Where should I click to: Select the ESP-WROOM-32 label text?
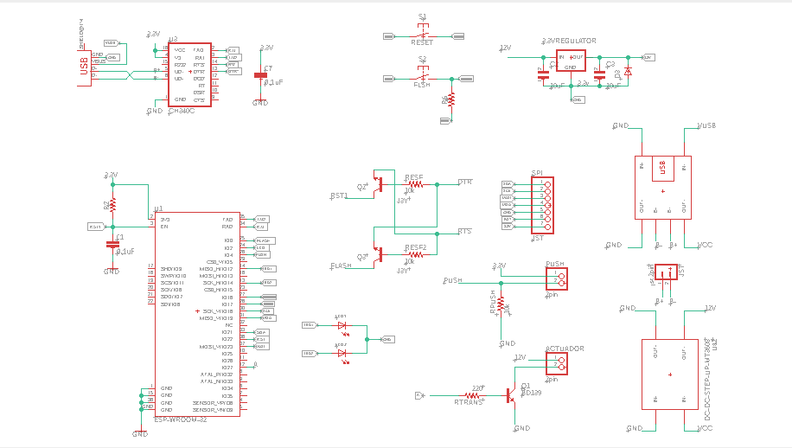point(180,419)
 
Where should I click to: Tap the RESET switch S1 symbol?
point(422,35)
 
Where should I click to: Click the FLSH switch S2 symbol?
point(422,78)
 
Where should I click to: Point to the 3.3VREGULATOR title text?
point(568,41)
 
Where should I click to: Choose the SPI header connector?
point(542,205)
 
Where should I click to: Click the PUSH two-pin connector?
point(556,279)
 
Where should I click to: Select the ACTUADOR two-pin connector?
point(556,362)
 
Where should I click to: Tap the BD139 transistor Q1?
point(513,395)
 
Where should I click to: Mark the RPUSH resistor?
point(501,305)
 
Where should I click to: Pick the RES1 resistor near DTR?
point(415,184)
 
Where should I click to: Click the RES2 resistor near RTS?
point(415,255)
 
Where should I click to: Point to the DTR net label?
point(464,182)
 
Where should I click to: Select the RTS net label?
point(464,232)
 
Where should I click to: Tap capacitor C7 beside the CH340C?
point(261,76)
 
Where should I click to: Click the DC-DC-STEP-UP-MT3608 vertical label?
point(706,379)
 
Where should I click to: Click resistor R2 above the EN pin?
point(112,207)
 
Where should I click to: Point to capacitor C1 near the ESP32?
point(112,245)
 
